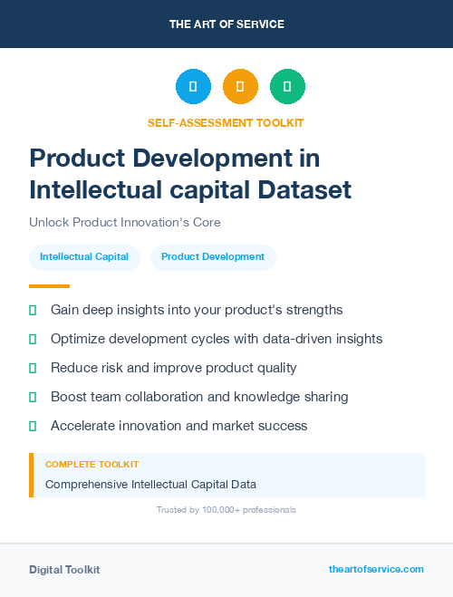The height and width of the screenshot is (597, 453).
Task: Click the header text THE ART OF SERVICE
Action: tap(226, 24)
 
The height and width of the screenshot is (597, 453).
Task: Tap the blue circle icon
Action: tap(193, 86)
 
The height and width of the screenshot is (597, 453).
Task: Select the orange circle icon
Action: tap(240, 86)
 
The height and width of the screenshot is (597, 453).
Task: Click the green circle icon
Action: tap(287, 86)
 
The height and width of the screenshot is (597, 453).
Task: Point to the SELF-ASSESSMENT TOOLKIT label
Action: tap(226, 122)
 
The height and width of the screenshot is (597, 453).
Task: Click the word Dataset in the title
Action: tap(302, 189)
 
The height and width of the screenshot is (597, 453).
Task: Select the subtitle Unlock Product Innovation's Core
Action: tap(124, 222)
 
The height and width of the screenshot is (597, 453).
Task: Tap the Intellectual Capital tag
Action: tap(84, 257)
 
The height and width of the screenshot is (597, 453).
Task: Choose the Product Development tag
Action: tap(213, 257)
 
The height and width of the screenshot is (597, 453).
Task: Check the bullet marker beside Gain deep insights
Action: tap(33, 310)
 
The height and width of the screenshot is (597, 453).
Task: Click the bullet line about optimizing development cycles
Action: tap(217, 339)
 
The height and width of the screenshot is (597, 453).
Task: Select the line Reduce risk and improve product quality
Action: tap(173, 368)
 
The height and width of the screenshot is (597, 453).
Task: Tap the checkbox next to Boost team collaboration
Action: tap(33, 397)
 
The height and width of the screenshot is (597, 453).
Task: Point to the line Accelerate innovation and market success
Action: tap(178, 426)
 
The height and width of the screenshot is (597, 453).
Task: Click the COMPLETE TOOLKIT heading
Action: tap(92, 464)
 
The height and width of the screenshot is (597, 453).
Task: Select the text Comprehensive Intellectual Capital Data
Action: tap(150, 484)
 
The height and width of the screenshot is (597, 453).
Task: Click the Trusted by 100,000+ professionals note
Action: tap(226, 510)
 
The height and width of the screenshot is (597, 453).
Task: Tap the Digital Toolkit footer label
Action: tap(64, 570)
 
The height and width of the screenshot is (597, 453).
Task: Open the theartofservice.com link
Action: tap(376, 569)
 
